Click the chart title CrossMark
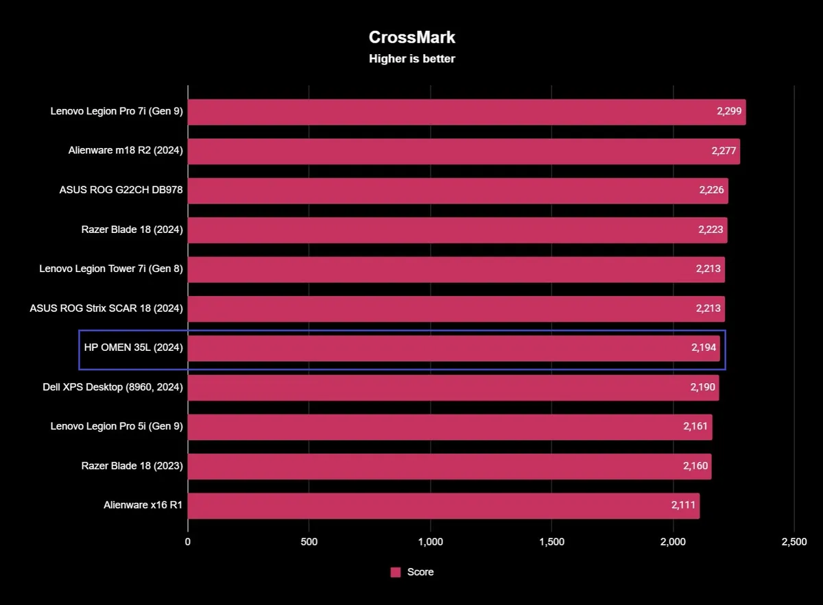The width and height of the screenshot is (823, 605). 411,37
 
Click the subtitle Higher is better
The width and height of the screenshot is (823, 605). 411,59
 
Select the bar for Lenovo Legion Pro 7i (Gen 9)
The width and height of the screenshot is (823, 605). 466,112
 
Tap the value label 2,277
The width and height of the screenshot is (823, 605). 724,151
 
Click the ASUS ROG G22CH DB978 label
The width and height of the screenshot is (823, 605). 121,190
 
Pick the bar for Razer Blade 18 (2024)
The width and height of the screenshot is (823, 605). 457,230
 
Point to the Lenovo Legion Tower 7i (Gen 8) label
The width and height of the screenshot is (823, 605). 111,269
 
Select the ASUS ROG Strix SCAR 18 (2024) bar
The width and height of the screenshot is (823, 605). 456,309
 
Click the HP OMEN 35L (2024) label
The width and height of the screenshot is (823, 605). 133,348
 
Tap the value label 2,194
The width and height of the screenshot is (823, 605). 704,348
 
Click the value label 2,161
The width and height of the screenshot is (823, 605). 696,427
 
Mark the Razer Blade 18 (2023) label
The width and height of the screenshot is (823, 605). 132,467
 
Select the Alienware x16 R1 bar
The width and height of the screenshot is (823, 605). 443,506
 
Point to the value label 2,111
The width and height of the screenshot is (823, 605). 684,506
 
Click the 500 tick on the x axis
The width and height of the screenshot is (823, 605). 309,542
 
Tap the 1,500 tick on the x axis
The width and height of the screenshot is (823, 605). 551,542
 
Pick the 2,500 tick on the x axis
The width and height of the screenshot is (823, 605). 794,542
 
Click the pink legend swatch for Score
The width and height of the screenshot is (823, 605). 396,572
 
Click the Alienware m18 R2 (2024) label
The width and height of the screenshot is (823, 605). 126,151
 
